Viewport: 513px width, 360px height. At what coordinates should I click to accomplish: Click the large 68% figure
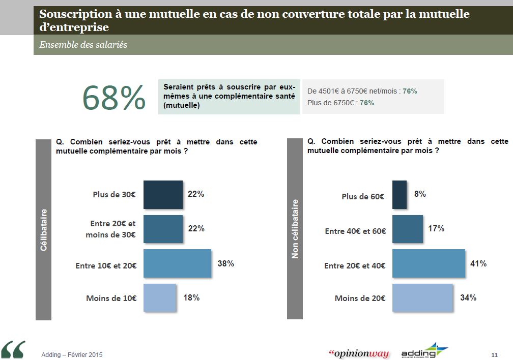click(114, 98)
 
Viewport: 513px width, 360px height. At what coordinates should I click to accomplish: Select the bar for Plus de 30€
click(163, 195)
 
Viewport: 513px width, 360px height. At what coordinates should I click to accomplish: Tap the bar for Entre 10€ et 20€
click(177, 263)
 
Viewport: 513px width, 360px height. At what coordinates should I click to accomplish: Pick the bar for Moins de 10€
click(160, 297)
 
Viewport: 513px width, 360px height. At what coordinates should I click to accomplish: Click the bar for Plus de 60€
click(400, 195)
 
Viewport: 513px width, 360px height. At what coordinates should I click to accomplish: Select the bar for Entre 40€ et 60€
click(408, 229)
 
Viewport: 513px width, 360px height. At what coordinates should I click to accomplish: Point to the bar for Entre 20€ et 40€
click(429, 263)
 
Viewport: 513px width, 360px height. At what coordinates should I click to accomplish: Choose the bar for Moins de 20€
click(422, 297)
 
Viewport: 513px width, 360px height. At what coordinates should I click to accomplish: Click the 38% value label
click(225, 263)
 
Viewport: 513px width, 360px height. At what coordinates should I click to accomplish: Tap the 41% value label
click(478, 263)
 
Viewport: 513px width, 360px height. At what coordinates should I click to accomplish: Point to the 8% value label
click(420, 194)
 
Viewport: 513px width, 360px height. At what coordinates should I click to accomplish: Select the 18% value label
click(191, 297)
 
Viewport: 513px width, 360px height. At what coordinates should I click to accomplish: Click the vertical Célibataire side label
click(43, 230)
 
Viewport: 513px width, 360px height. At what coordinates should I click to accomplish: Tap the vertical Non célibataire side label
click(295, 229)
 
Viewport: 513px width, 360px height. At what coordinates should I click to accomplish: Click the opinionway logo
click(359, 353)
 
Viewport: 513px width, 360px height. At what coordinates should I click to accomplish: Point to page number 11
click(495, 354)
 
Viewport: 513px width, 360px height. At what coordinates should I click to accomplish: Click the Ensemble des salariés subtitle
click(83, 45)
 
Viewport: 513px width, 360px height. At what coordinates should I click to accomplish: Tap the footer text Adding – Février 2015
click(72, 354)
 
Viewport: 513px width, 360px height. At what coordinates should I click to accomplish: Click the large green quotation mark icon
click(13, 349)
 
